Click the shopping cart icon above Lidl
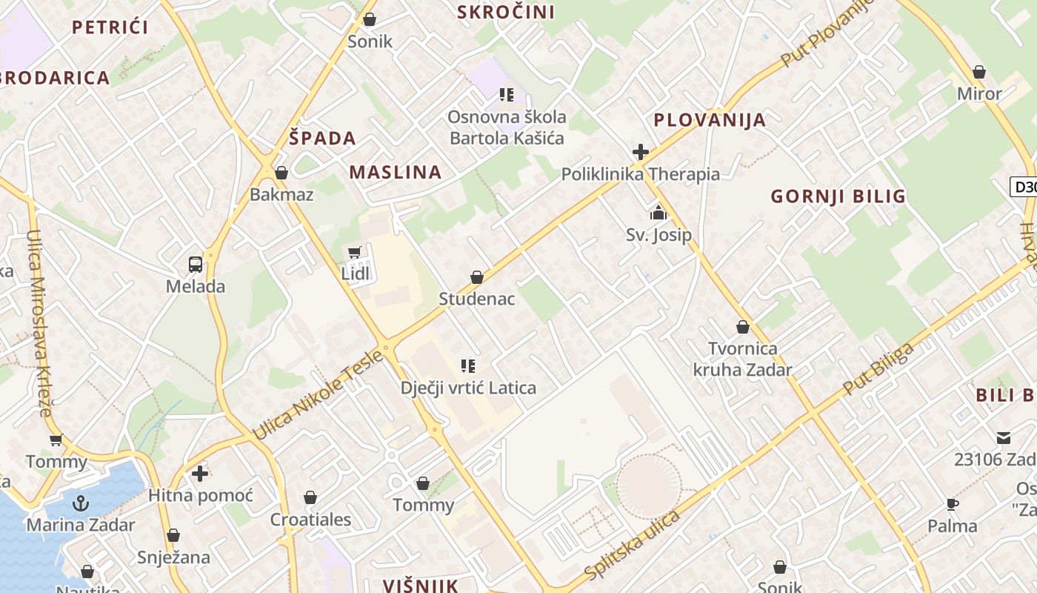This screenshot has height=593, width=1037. click(355, 253)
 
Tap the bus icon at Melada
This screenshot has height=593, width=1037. click(196, 265)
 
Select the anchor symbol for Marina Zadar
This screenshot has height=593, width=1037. click(80, 504)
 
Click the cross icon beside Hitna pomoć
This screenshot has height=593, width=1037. click(200, 473)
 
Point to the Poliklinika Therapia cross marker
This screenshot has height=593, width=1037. click(641, 153)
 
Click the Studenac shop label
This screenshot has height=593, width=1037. click(476, 299)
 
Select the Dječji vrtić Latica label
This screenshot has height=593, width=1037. click(468, 388)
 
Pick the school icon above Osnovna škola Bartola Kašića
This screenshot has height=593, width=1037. click(507, 95)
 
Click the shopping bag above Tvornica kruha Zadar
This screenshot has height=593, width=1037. click(743, 327)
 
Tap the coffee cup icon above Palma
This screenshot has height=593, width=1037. click(953, 505)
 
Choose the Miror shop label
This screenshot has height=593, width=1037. click(979, 94)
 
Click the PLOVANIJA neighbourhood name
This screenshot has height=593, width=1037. click(710, 120)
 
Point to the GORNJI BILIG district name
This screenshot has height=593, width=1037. click(838, 196)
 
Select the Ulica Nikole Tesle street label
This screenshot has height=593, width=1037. click(319, 394)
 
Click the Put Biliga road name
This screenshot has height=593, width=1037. click(878, 368)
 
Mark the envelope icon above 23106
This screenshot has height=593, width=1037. click(1004, 438)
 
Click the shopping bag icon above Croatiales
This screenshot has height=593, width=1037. click(310, 498)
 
